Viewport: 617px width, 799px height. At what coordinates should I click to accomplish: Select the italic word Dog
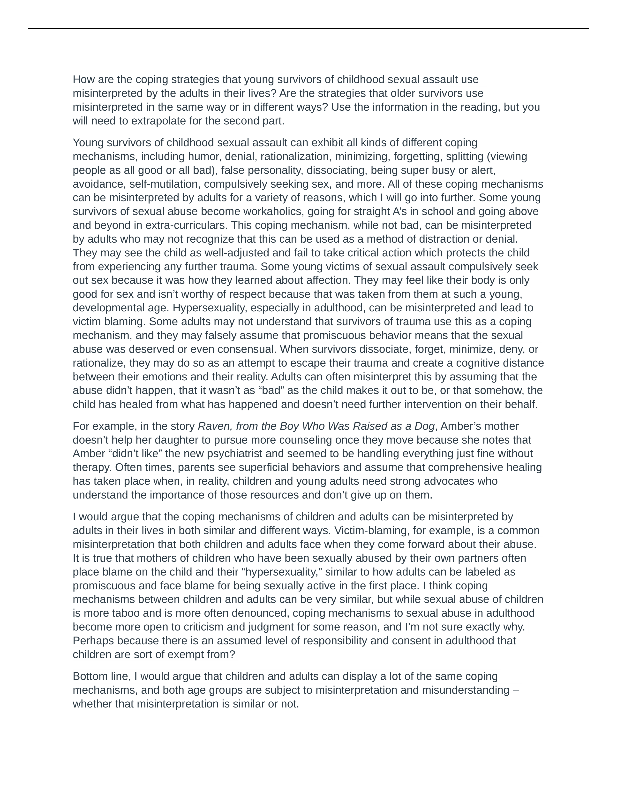[x=425, y=426]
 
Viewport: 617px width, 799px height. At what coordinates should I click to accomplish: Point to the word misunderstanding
[x=466, y=690]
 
